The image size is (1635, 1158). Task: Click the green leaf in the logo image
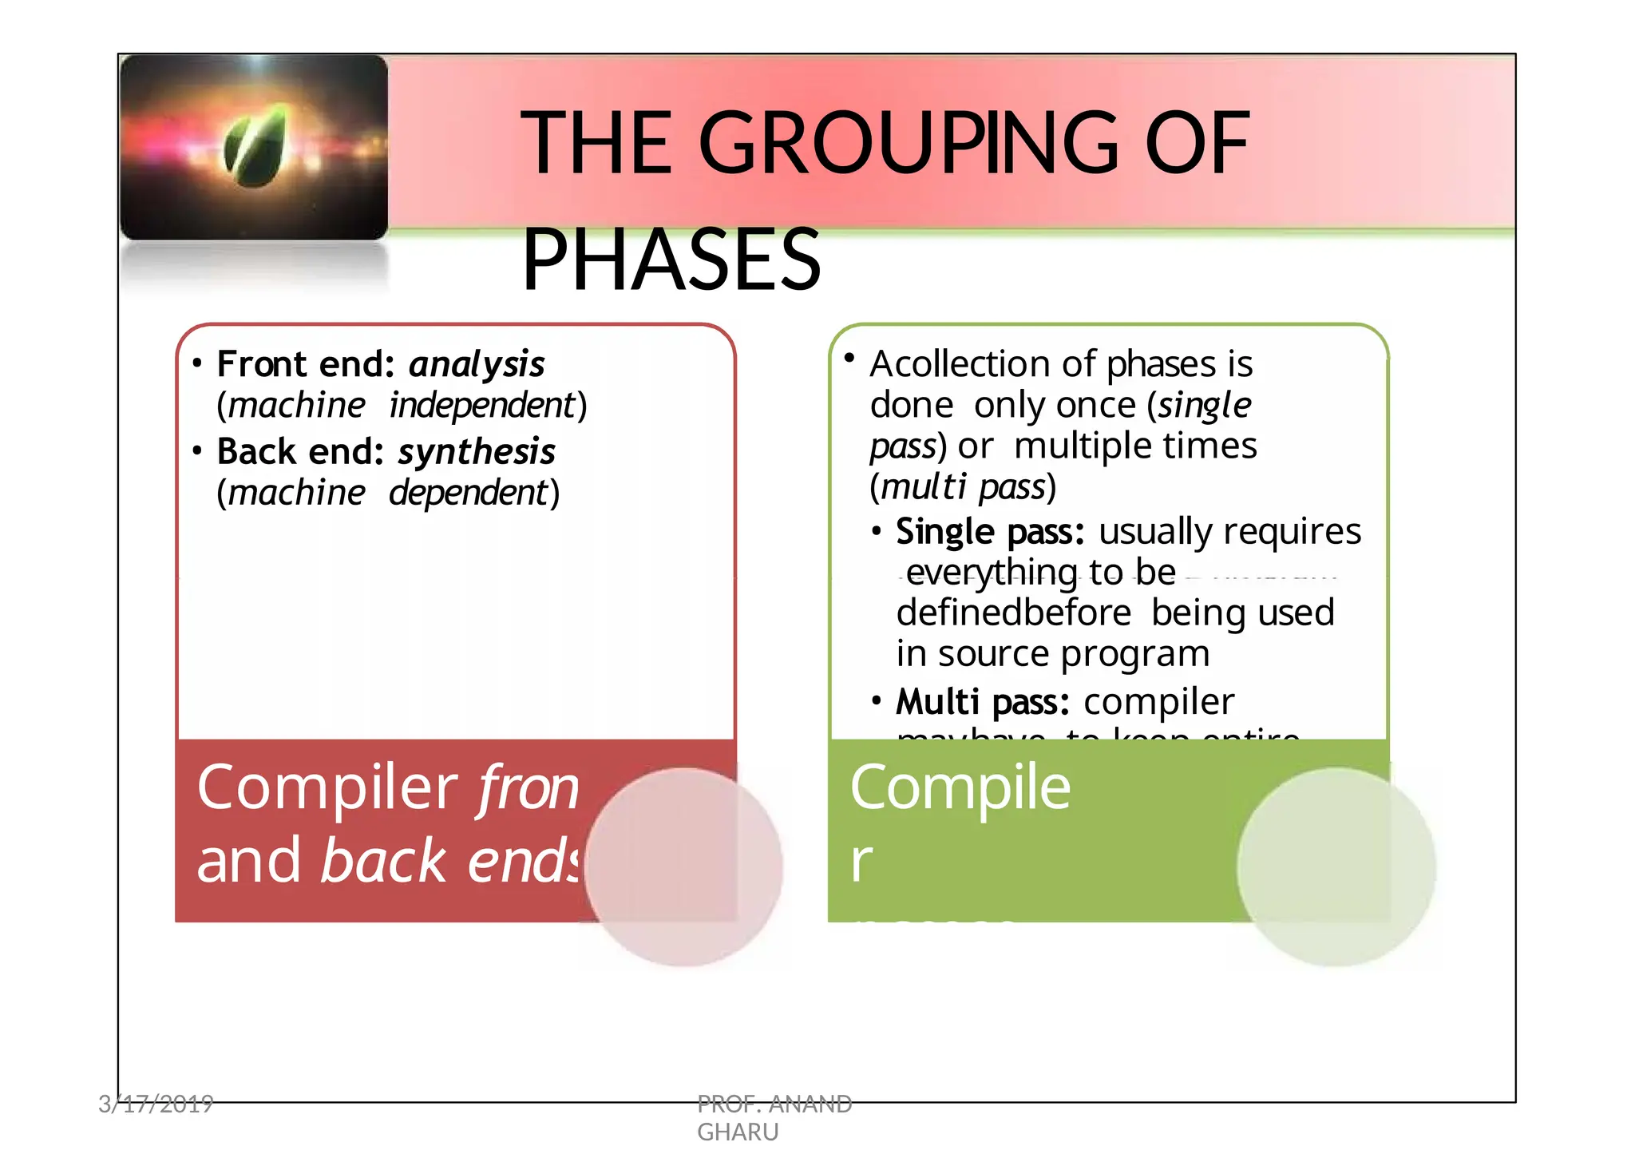pos(255,147)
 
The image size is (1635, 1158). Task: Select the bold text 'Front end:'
pos(306,364)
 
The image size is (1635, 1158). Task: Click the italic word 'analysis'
pos(477,364)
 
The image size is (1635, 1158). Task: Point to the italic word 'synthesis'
pos(477,452)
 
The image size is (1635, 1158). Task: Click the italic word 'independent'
pos(482,406)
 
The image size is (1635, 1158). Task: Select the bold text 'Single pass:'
pos(990,532)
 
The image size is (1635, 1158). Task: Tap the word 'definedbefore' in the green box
pos(1013,613)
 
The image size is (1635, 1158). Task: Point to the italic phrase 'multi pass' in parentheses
pos(963,487)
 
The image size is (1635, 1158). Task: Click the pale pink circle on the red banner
pos(683,867)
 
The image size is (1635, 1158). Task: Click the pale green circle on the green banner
pos(1336,867)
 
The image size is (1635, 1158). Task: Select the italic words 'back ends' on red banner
pos(451,861)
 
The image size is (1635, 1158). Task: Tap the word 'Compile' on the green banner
pos(960,787)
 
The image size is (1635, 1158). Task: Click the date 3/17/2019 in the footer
pos(156,1104)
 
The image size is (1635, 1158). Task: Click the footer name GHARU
pos(737,1132)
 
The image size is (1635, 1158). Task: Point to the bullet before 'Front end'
pos(196,364)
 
